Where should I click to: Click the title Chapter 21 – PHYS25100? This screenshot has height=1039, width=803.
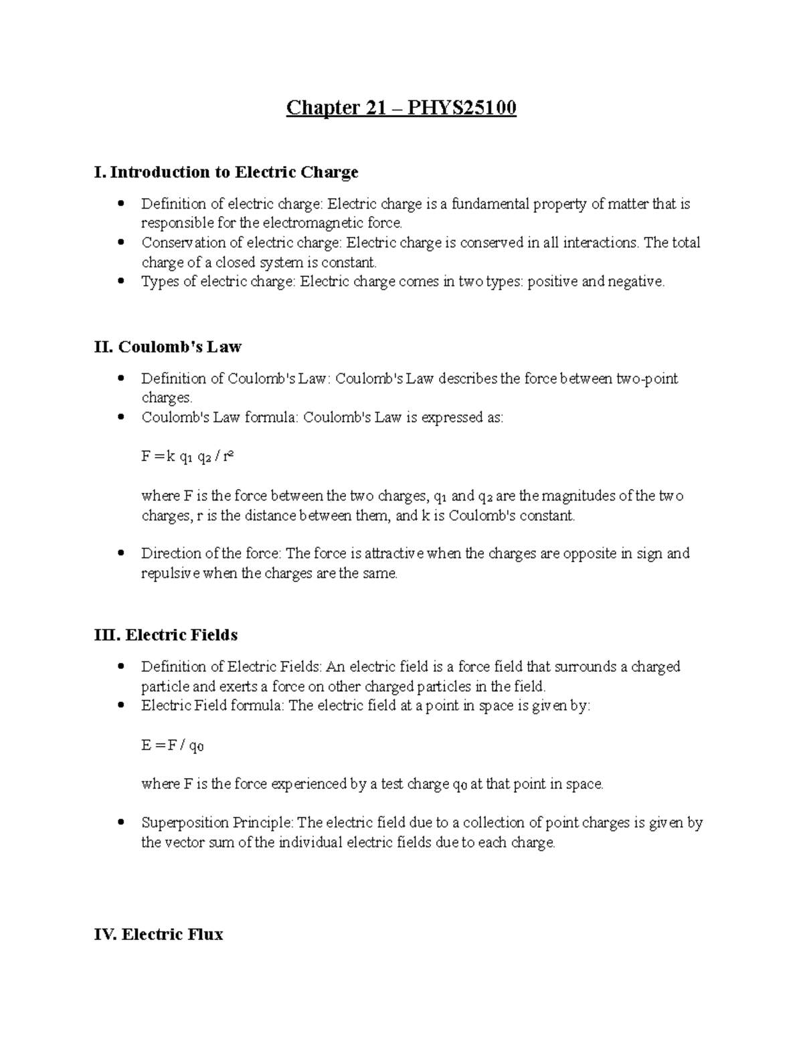pyautogui.click(x=401, y=108)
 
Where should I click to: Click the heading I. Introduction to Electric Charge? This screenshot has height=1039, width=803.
pyautogui.click(x=227, y=172)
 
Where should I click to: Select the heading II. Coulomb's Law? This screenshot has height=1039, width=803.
pyautogui.click(x=168, y=347)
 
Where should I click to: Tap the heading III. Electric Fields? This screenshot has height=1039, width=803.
pyautogui.click(x=166, y=634)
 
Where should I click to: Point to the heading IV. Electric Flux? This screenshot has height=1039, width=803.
pyautogui.click(x=159, y=934)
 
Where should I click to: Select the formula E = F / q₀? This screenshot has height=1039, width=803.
pyautogui.click(x=172, y=745)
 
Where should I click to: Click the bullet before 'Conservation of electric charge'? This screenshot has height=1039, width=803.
pyautogui.click(x=120, y=242)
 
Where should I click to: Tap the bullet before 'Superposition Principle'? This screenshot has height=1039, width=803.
pyautogui.click(x=120, y=822)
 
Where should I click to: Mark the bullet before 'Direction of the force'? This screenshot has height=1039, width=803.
pyautogui.click(x=120, y=553)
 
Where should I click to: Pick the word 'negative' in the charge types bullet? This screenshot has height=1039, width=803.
pyautogui.click(x=636, y=282)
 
